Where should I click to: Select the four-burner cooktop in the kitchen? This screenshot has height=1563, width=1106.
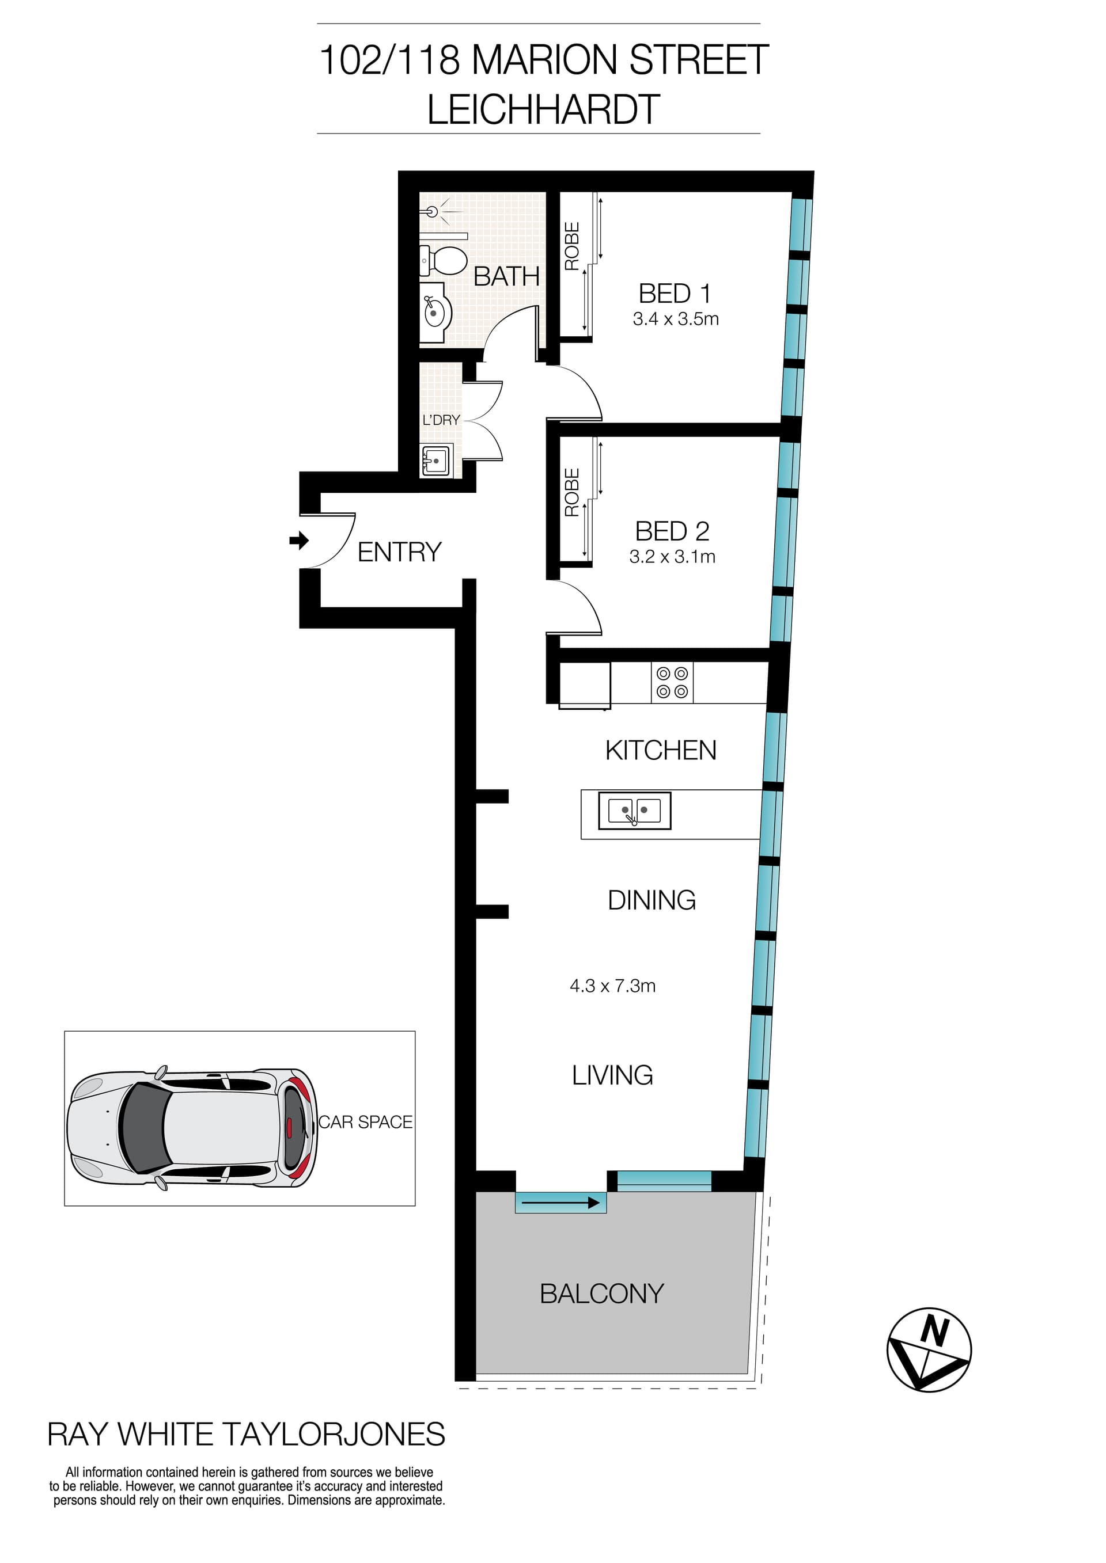coord(672,682)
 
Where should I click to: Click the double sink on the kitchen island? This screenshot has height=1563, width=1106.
coord(635,810)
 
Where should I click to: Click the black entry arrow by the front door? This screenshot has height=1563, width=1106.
coord(298,541)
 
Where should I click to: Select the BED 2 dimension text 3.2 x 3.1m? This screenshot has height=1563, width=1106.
coord(672,556)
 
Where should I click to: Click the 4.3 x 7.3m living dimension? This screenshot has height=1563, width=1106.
coord(612,986)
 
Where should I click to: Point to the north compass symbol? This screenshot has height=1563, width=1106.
coord(929,1349)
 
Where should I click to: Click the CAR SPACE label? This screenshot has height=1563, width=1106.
coord(366,1122)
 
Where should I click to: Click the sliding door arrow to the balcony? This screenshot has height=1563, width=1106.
coord(560,1203)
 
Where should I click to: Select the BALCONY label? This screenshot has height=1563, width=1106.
coord(601,1294)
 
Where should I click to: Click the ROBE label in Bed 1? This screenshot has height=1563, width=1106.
coord(572,246)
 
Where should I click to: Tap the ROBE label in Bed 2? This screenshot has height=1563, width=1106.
coord(572,492)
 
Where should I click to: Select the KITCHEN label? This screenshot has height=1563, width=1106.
coord(661,750)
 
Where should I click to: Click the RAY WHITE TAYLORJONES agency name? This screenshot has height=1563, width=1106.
coord(246,1435)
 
